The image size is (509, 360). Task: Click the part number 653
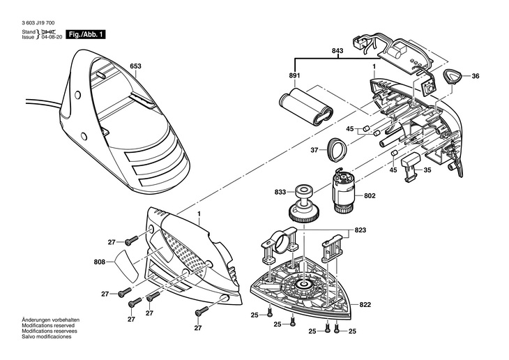coord(135,68)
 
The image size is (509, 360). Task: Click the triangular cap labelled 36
coord(453,77)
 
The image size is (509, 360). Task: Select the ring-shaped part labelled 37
coord(337,148)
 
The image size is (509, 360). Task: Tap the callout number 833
coord(280,191)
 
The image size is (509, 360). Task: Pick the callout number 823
coord(359,229)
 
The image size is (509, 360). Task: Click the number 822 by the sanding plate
coord(365,305)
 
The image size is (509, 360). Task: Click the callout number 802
coord(369,196)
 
